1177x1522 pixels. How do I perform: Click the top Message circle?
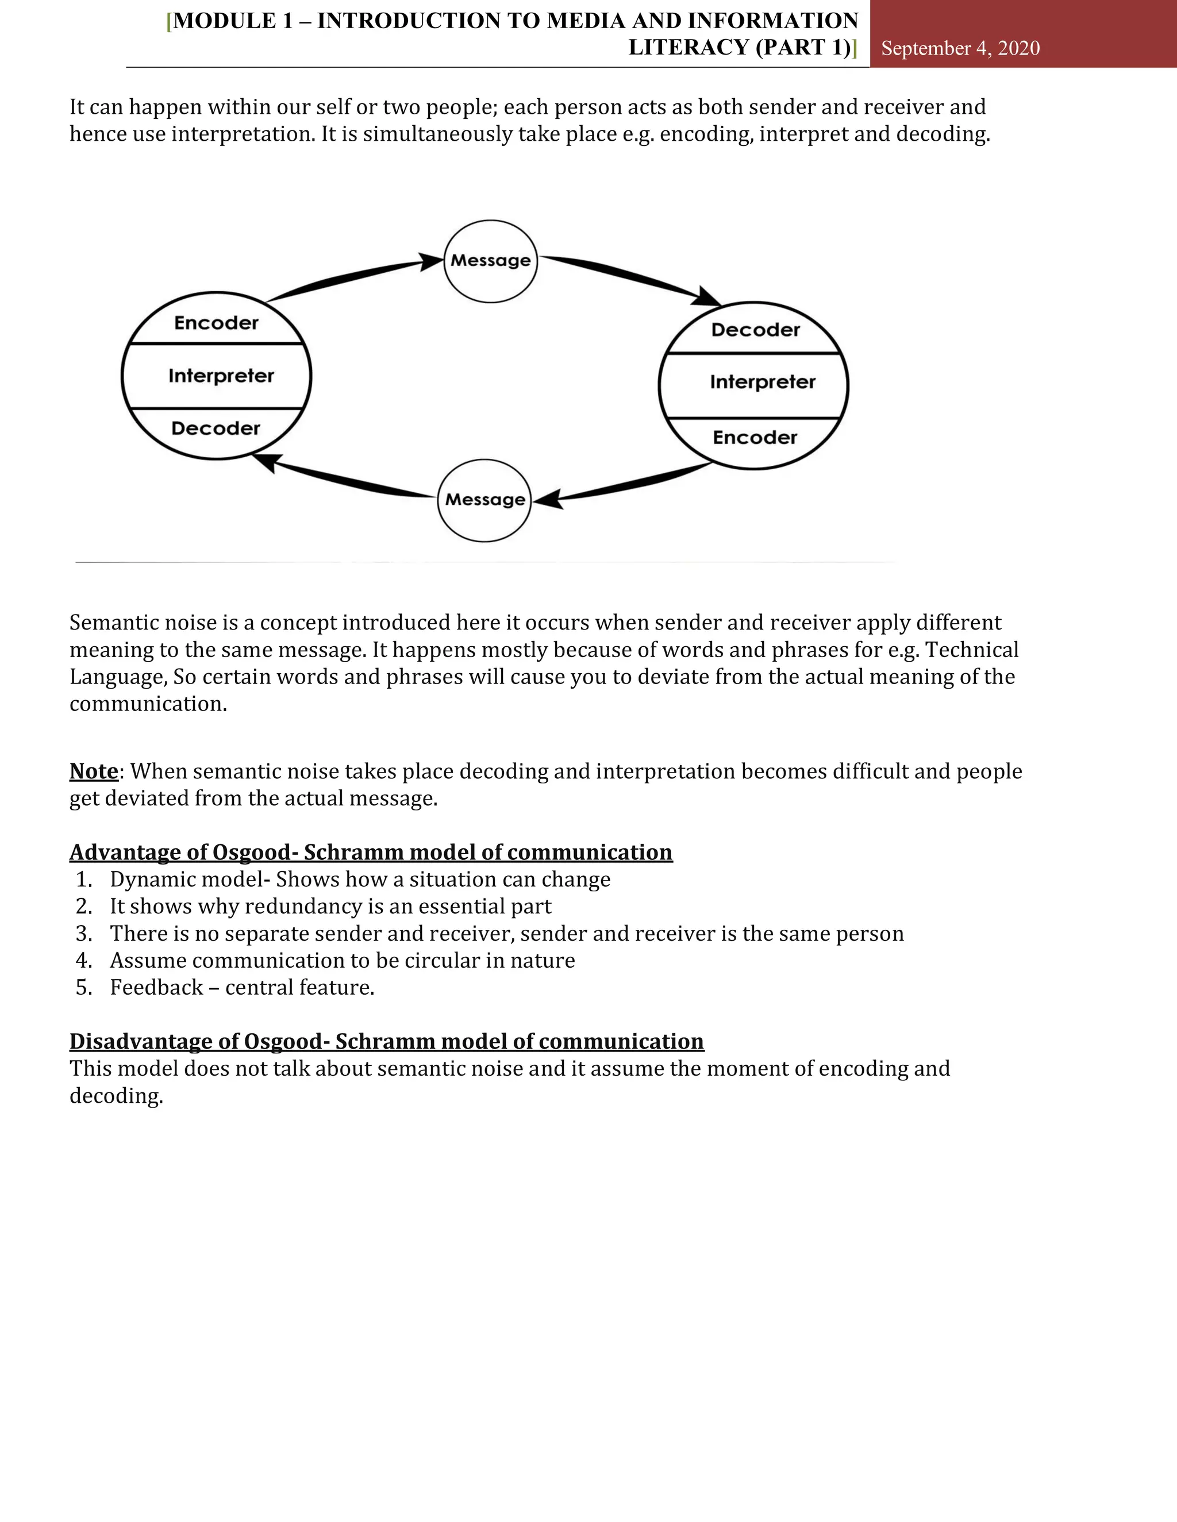pyautogui.click(x=490, y=261)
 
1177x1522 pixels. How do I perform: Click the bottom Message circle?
pyautogui.click(x=484, y=500)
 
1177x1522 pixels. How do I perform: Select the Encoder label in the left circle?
pyautogui.click(x=216, y=323)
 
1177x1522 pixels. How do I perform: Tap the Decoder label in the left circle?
pyautogui.click(x=216, y=428)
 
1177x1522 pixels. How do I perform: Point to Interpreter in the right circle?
pyautogui.click(x=762, y=382)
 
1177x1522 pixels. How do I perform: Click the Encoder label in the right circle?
pyautogui.click(x=755, y=438)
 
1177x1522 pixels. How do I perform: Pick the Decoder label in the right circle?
pyautogui.click(x=755, y=330)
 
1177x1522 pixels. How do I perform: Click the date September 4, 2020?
pyautogui.click(x=960, y=48)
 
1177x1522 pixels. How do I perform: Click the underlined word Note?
pyautogui.click(x=94, y=771)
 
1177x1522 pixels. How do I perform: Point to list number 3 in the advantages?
pyautogui.click(x=84, y=934)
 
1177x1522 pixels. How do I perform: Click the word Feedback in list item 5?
pyautogui.click(x=156, y=987)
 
